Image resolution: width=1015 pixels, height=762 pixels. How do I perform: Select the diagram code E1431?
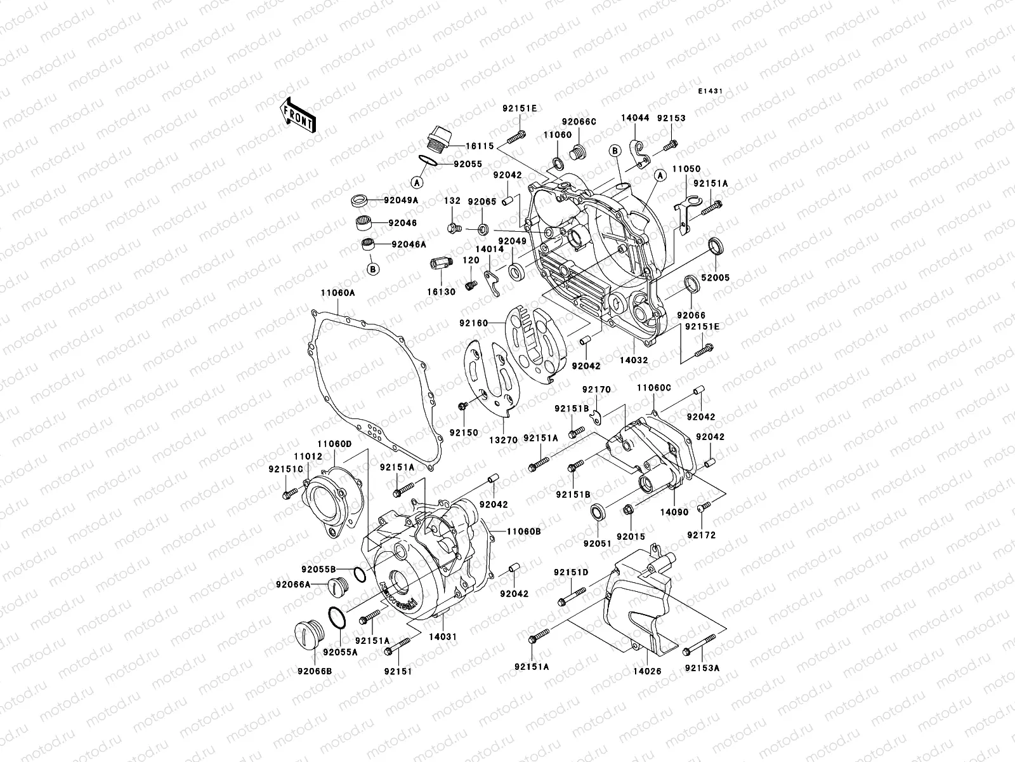coord(711,91)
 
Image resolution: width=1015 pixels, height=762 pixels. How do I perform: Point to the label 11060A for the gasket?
coord(337,293)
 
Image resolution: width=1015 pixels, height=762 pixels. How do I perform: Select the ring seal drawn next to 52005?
coord(715,246)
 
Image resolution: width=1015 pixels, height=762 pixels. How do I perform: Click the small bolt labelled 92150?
coord(462,405)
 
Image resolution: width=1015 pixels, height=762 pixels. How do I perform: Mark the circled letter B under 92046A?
coord(373,269)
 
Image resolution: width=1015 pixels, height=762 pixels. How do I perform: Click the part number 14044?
coord(634,118)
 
